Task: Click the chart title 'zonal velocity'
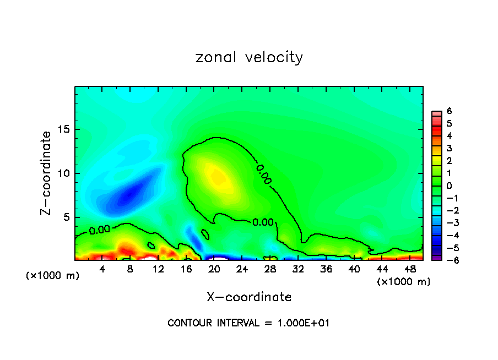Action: tap(249, 57)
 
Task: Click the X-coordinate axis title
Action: tap(249, 297)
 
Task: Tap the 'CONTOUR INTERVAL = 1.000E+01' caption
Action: tap(248, 323)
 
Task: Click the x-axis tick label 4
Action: tap(102, 269)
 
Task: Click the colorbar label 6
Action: tap(449, 111)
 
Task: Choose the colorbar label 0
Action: tap(449, 186)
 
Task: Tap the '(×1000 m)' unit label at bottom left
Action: tap(53, 276)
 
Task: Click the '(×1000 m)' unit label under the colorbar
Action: tap(403, 282)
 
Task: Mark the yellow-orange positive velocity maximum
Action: tap(216, 176)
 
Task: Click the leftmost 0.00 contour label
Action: tap(99, 230)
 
